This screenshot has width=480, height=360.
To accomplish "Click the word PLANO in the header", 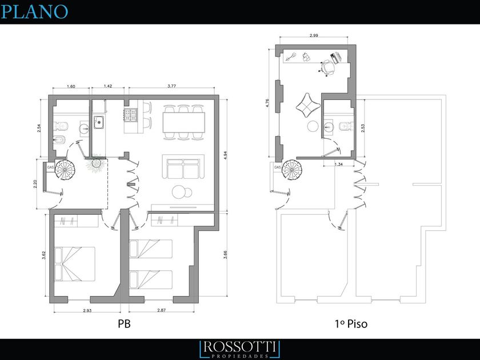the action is tap(34, 11).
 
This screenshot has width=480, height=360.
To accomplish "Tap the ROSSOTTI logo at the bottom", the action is tap(239, 349).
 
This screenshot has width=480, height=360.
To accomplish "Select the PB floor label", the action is tap(125, 323).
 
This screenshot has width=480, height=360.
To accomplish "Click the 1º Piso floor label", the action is tap(351, 323).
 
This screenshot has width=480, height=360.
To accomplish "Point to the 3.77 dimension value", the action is tap(172, 86).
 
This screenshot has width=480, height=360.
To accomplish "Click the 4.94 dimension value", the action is tap(226, 155).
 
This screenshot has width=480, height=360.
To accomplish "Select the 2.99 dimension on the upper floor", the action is tap(314, 35).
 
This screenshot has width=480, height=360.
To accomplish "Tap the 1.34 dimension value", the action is tap(338, 165).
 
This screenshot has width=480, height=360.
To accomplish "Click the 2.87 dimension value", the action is tap(161, 310).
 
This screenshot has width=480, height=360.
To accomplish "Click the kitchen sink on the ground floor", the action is tap(98, 122).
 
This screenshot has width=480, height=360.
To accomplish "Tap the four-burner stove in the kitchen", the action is tap(130, 115).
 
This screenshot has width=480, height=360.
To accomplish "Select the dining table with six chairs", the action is tap(183, 122).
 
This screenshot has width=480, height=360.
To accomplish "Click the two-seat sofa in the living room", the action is tap(183, 166).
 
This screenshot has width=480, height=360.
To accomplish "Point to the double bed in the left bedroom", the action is tap(74, 264).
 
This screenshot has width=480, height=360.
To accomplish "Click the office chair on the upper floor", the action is tap(327, 67).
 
